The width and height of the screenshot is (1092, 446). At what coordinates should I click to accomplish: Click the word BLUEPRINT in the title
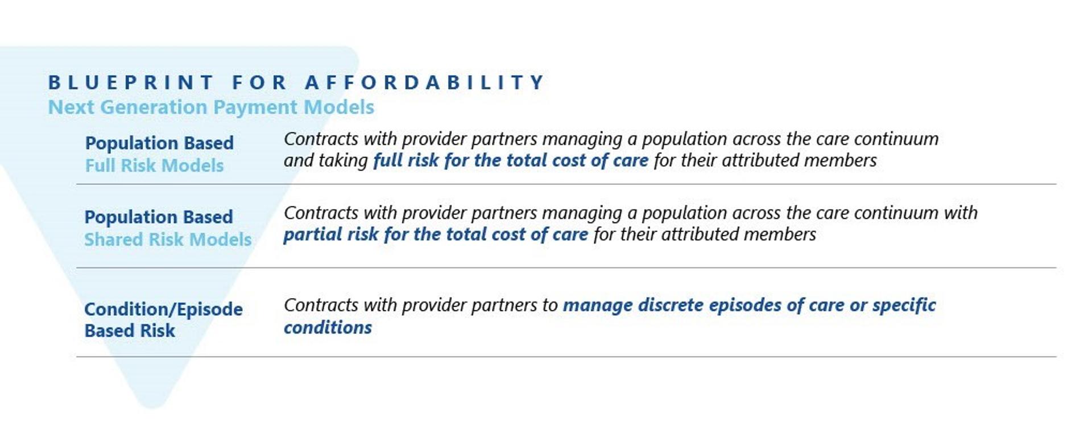click(131, 82)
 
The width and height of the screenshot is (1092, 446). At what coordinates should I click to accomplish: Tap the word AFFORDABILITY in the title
click(425, 82)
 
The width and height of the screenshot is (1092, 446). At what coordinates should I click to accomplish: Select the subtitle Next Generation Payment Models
click(211, 107)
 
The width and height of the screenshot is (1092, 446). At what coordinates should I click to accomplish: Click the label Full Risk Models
click(154, 166)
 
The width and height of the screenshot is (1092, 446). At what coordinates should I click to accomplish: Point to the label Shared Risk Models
click(168, 239)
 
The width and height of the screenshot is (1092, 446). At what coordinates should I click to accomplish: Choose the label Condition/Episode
click(163, 309)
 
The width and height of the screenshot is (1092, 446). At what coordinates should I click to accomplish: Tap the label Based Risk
click(130, 331)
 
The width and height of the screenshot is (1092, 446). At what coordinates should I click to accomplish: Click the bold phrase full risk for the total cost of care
click(511, 160)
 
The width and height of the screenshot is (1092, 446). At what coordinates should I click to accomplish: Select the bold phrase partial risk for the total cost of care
click(436, 234)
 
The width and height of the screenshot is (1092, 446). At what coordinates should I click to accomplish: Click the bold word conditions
click(328, 328)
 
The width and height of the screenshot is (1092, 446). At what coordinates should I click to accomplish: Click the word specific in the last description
click(904, 305)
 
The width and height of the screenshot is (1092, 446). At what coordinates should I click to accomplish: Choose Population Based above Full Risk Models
click(159, 143)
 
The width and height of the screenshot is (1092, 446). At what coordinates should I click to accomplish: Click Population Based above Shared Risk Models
click(159, 217)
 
